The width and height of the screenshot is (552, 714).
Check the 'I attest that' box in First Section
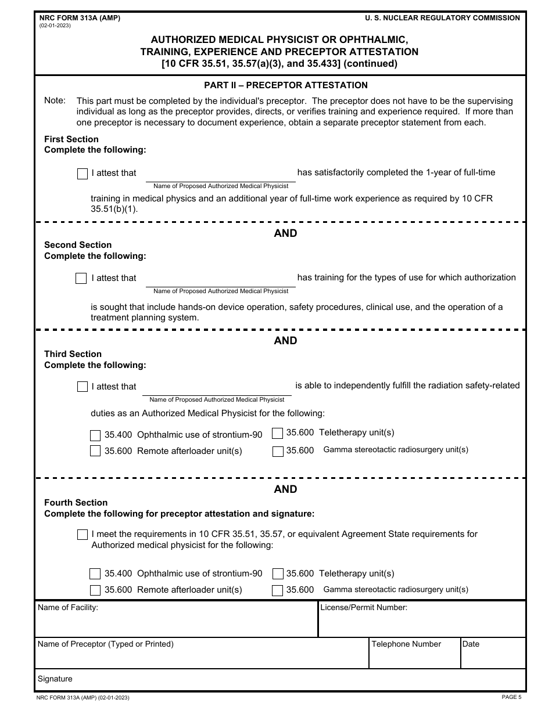tap(83, 174)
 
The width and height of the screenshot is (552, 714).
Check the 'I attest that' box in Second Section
tap(81, 279)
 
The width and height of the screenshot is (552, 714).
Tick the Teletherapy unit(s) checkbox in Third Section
tap(278, 433)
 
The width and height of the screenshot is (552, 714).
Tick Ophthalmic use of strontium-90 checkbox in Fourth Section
tap(95, 574)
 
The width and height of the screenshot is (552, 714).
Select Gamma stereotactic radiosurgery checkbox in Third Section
tap(278, 451)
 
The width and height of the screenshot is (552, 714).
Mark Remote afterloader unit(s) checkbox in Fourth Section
tap(95, 590)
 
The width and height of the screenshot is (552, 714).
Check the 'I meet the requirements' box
tap(83, 535)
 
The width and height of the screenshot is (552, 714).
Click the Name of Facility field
tap(176, 625)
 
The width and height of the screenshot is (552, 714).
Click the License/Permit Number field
tap(422, 625)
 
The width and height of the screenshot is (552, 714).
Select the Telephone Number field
tap(414, 658)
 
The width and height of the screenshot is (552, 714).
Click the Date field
tap(493, 658)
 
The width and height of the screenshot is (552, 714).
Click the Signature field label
tap(55, 679)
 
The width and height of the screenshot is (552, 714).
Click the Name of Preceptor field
tap(202, 658)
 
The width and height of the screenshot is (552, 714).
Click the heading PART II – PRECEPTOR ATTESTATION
tap(285, 85)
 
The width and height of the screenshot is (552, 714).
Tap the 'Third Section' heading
tap(73, 354)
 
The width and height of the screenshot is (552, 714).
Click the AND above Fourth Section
tap(285, 489)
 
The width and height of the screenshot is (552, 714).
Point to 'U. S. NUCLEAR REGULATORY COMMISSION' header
tap(442, 18)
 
